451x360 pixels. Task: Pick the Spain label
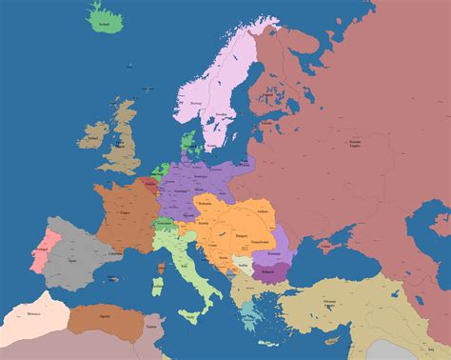tap(69, 256)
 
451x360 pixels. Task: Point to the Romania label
tap(275, 252)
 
